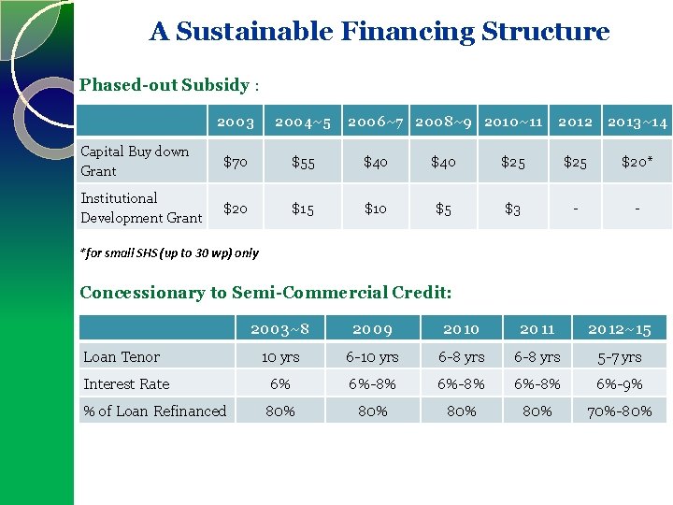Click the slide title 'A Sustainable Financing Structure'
[x=379, y=32]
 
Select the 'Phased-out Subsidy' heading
[x=165, y=85]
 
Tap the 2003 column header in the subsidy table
[x=236, y=123]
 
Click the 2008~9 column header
[x=442, y=123]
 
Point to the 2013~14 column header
[x=637, y=123]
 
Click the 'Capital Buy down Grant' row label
[x=136, y=161]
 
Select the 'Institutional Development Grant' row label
[x=141, y=208]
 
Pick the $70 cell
[x=236, y=162]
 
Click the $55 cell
[x=303, y=162]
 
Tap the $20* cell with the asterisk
[x=637, y=162]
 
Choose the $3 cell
[x=512, y=209]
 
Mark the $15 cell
[x=303, y=209]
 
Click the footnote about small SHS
[x=169, y=252]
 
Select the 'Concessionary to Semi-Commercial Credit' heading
[x=265, y=293]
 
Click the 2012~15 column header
[x=619, y=328]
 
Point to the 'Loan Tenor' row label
[x=122, y=356]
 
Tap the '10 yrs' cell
[x=280, y=356]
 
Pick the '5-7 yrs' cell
[x=619, y=356]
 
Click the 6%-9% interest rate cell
[x=619, y=383]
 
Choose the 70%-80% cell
[x=619, y=411]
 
